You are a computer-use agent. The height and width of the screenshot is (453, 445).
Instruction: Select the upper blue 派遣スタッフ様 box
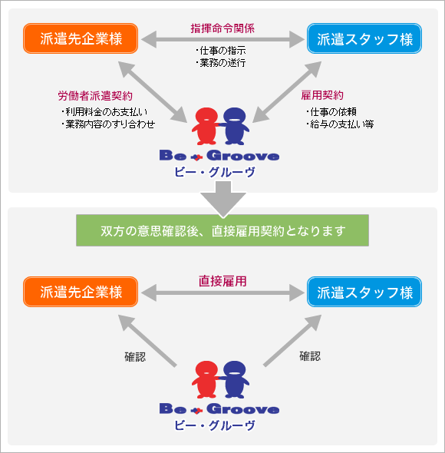coord(364,38)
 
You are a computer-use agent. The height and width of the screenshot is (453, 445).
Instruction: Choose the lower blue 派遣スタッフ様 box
coord(364,292)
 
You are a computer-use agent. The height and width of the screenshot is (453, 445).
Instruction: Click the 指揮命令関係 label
coord(222,28)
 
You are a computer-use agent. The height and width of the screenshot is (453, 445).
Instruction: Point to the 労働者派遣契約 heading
coord(95,96)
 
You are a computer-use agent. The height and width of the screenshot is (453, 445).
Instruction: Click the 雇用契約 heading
coord(322,96)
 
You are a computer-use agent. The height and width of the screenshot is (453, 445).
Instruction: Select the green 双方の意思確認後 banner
coord(222,230)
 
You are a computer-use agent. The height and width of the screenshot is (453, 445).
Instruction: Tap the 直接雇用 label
coord(222,281)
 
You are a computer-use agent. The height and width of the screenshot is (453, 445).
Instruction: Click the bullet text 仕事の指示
coord(221,51)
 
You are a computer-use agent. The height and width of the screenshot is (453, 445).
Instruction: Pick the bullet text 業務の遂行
coord(221,62)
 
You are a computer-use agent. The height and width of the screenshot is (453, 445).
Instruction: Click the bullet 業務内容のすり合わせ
coord(108,124)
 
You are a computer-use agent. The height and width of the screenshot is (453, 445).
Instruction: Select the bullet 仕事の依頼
coord(336,112)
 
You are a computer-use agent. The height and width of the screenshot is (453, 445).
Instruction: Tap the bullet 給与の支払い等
coord(339,124)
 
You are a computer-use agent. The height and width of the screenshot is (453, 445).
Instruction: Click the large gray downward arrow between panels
coord(222,200)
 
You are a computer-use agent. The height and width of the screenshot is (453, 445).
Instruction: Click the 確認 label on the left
coord(134,356)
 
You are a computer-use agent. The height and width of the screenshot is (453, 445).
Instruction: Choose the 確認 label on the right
coord(310,356)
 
